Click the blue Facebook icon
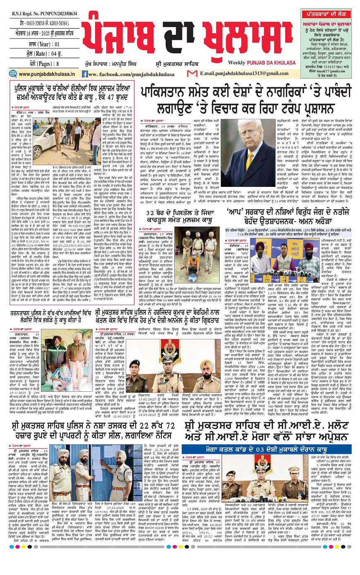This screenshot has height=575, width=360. tap(85, 74)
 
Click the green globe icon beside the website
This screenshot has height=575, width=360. tap(13, 74)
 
